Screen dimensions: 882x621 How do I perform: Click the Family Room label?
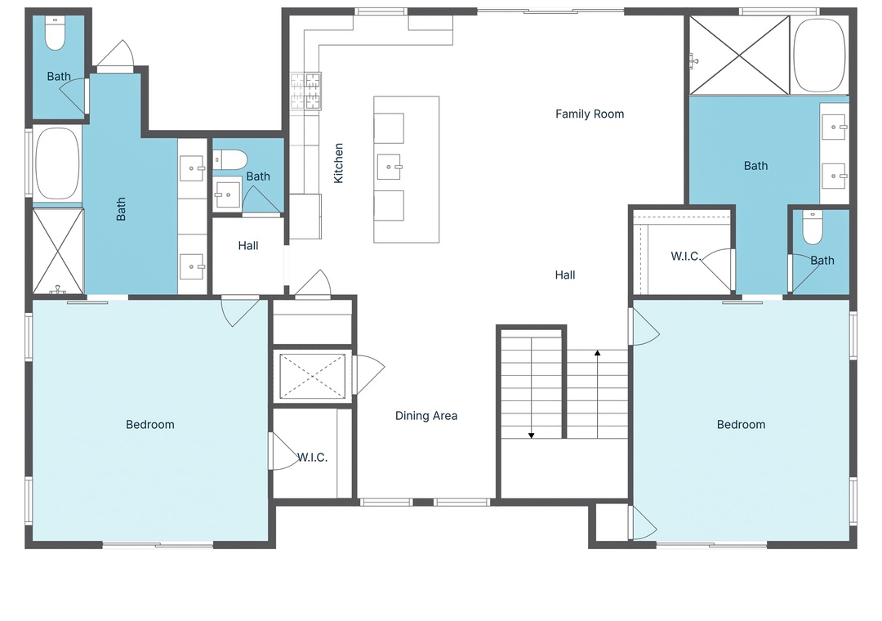(590, 114)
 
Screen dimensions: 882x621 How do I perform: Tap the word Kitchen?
(338, 163)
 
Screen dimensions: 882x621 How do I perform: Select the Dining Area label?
(425, 416)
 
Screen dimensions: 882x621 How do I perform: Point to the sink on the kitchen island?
(389, 168)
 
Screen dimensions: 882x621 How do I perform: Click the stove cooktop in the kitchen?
(305, 91)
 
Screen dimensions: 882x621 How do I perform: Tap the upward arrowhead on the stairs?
(597, 353)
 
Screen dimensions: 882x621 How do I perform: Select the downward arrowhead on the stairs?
(531, 436)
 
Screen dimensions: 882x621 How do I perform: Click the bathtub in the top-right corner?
(818, 56)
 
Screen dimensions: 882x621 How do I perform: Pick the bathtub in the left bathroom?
(57, 163)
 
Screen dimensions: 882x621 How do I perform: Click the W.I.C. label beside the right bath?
(686, 257)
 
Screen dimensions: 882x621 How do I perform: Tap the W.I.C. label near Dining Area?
(312, 457)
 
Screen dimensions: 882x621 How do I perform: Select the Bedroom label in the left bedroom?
(150, 425)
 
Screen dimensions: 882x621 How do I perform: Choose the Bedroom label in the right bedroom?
(741, 425)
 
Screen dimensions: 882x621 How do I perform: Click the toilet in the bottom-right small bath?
(813, 227)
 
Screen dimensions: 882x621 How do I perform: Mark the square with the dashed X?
(312, 376)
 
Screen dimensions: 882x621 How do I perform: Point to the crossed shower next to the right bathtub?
(740, 56)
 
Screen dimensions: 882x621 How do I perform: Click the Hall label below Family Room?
(565, 275)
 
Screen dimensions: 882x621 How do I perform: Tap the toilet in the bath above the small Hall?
(230, 160)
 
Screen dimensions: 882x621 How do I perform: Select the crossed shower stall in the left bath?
(59, 251)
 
